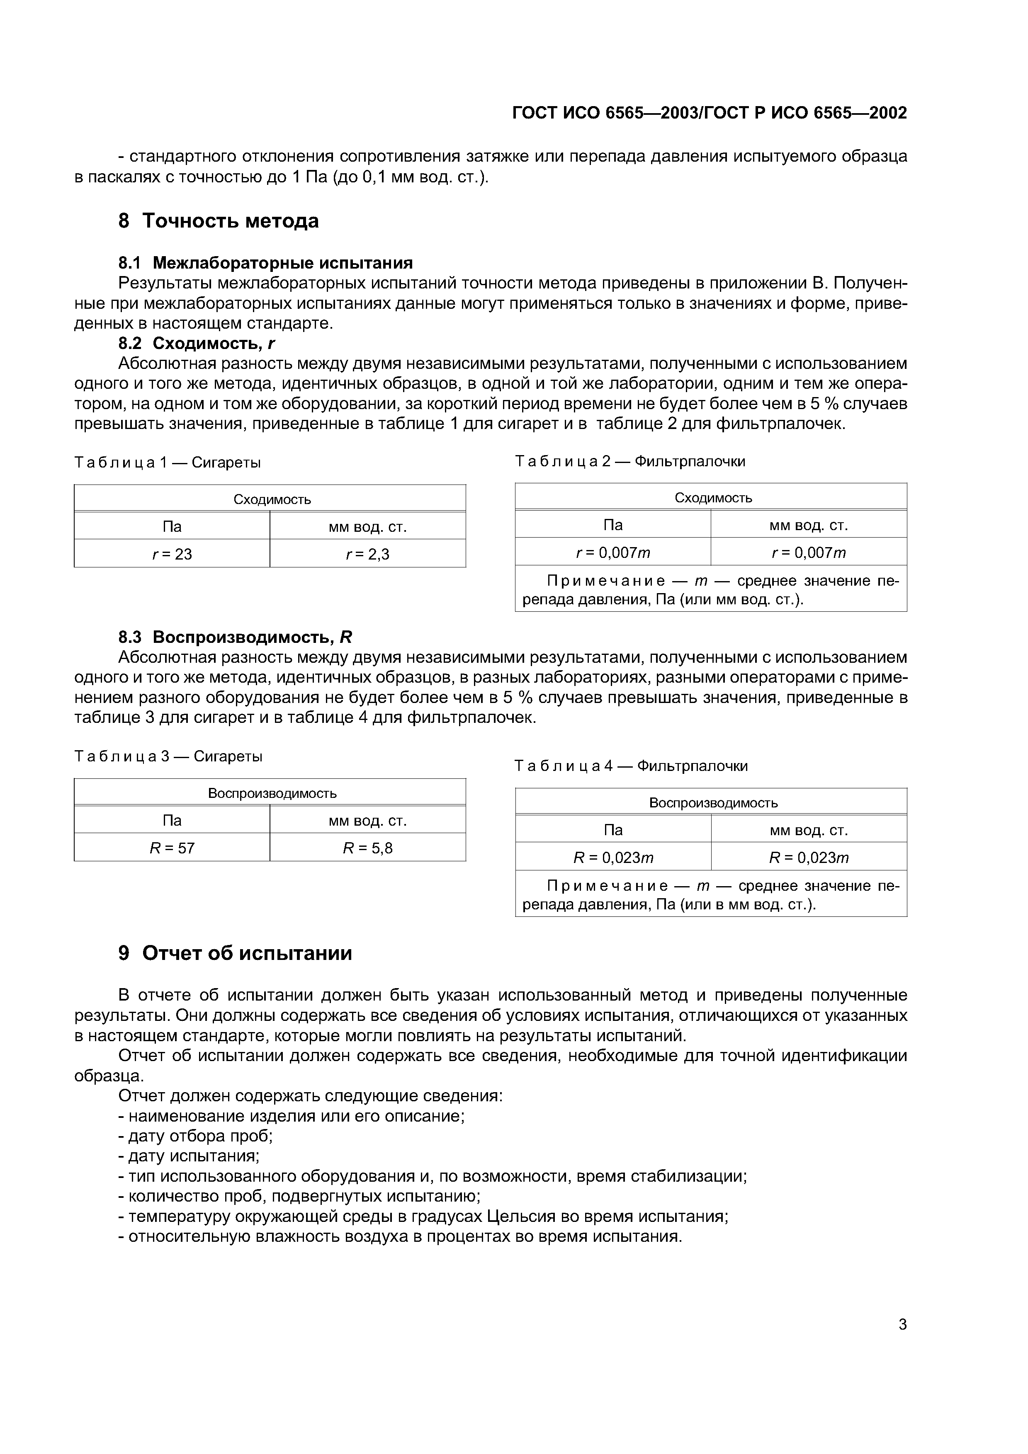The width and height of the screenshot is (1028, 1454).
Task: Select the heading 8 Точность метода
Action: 219,221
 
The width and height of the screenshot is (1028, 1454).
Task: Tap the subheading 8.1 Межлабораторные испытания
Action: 265,262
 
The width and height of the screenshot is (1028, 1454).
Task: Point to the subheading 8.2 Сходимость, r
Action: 197,343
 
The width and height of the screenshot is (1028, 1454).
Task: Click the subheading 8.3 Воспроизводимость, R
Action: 235,637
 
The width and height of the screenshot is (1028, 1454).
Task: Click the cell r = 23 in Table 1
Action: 172,554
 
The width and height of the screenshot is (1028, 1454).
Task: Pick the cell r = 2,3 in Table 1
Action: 367,554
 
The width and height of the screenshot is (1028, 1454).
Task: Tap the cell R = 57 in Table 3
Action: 172,847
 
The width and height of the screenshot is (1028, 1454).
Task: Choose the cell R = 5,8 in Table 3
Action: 367,847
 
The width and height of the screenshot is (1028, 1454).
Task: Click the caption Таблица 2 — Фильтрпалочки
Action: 630,461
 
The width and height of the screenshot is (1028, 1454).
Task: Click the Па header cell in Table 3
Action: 172,820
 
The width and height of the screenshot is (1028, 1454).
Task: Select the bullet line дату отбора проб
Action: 196,1135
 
